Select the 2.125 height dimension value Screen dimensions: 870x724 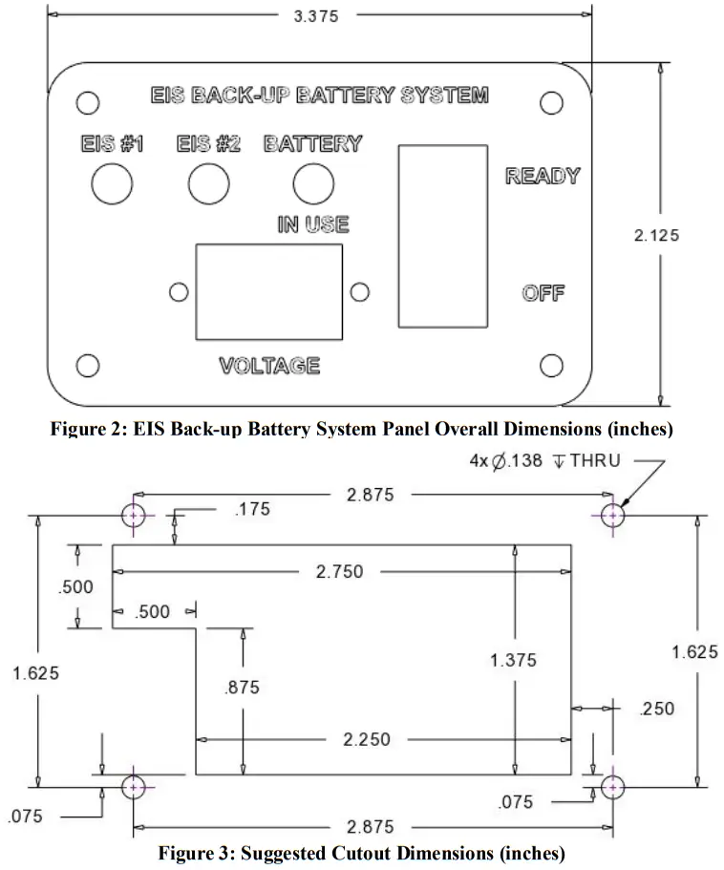click(657, 236)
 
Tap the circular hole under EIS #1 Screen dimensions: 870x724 click(112, 183)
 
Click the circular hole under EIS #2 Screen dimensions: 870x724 click(208, 183)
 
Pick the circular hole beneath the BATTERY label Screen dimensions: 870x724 click(312, 183)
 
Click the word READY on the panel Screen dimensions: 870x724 click(543, 176)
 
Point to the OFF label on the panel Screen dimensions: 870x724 click(543, 292)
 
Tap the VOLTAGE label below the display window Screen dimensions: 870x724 click(268, 366)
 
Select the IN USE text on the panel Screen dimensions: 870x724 click(312, 224)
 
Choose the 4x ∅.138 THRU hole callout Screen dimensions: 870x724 click(545, 460)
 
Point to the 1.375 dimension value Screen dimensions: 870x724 click(513, 660)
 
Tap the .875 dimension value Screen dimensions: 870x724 click(245, 688)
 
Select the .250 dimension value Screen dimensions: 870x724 click(658, 709)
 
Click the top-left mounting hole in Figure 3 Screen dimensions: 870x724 click(134, 516)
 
